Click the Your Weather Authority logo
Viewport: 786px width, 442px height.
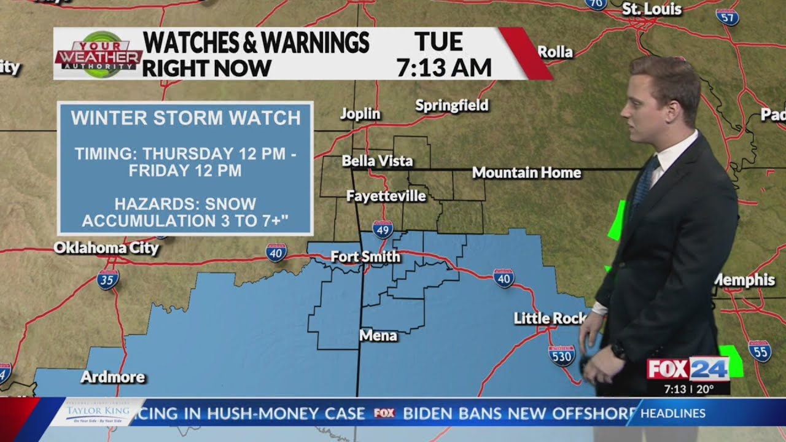[98, 54]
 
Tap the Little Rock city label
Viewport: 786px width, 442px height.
[550, 318]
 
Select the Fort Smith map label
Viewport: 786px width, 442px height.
[365, 257]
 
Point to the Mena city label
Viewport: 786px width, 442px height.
[378, 336]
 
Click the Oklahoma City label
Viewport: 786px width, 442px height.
[106, 249]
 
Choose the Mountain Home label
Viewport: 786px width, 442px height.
[526, 173]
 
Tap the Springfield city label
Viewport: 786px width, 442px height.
[452, 106]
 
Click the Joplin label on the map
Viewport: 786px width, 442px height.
[360, 114]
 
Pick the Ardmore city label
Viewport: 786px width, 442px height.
[112, 377]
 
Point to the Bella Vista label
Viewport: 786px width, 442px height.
[377, 161]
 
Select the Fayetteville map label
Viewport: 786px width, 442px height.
[386, 196]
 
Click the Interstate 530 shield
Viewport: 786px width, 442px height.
[561, 355]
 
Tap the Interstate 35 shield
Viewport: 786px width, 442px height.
[108, 279]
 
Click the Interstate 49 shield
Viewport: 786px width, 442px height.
[383, 230]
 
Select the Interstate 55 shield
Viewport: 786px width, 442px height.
[760, 351]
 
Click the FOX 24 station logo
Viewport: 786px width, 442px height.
[688, 368]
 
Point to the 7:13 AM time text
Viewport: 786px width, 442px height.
[444, 68]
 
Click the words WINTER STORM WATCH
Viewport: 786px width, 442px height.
[185, 118]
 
